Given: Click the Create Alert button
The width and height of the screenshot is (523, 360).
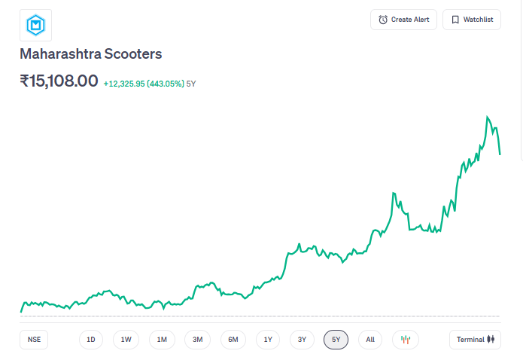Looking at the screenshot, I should (x=403, y=20).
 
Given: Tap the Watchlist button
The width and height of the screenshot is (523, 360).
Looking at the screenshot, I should (x=472, y=20).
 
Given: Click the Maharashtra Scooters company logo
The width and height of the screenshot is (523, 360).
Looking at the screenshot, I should (x=35, y=26).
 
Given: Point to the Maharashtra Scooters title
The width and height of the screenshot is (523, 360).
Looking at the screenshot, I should (x=90, y=54).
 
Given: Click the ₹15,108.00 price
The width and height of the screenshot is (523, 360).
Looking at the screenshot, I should (x=59, y=81).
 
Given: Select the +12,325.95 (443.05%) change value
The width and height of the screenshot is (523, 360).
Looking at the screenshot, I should (x=144, y=83).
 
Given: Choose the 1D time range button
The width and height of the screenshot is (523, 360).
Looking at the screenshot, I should (x=91, y=340).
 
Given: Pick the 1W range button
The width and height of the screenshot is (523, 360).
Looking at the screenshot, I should (x=126, y=340).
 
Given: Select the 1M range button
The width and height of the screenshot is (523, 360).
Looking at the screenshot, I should (x=162, y=340).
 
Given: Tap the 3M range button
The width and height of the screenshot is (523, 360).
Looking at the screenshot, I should (x=197, y=340).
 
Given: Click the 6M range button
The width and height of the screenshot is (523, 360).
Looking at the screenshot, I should (x=233, y=340).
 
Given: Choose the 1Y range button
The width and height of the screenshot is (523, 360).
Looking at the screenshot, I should (x=268, y=340).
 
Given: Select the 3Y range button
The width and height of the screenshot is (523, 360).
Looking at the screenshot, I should (x=302, y=340).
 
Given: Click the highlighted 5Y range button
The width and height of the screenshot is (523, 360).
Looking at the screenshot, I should (x=336, y=340).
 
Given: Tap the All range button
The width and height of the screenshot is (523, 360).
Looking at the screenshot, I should (x=370, y=340).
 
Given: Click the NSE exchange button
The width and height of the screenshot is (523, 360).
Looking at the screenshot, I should (x=34, y=340).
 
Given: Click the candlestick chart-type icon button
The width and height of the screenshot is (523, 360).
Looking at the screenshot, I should (x=406, y=340).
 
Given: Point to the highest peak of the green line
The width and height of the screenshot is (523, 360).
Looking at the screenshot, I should (x=488, y=117).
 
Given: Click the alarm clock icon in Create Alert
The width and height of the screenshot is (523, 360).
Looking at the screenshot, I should (x=383, y=20).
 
